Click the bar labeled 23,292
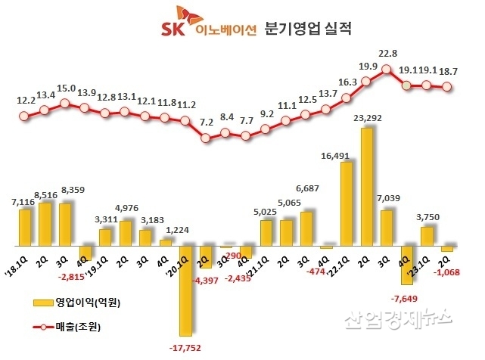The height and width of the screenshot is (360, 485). tap(367, 188)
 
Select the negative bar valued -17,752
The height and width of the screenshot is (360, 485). tap(185, 290)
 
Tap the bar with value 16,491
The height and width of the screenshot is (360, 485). tap(347, 204)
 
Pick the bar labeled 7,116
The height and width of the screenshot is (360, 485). tap(25, 228)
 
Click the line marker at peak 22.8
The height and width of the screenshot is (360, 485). tap(387, 70)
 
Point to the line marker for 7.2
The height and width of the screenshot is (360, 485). tap(206, 138)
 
